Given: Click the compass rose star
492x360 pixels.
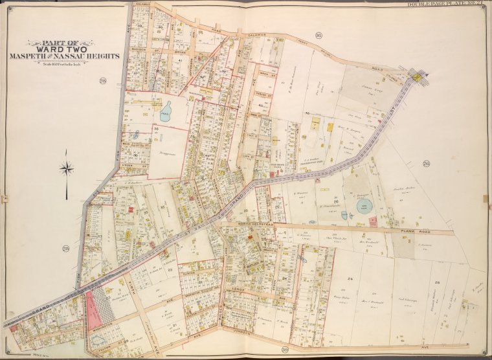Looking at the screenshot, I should (66, 170).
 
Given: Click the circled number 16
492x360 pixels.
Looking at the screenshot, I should (319, 34).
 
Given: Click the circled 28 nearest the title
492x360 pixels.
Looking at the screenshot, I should (102, 81).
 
